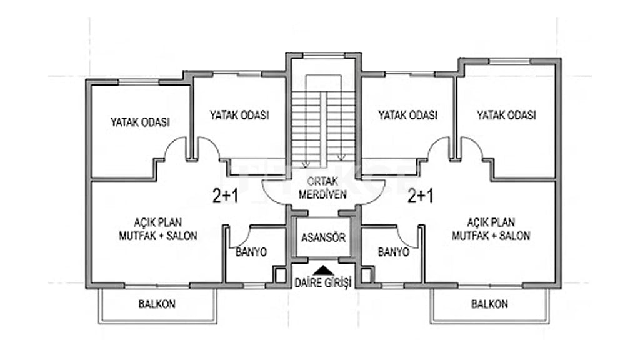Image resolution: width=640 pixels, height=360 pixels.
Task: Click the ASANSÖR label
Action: [x=323, y=237]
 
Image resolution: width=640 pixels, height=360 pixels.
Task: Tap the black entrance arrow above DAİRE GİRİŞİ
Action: [x=324, y=270]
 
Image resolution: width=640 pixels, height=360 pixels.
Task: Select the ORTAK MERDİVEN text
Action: [x=322, y=187]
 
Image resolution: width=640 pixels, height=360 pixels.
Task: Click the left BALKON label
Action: [x=157, y=304]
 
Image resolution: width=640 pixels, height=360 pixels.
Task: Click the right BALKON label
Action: [x=489, y=304]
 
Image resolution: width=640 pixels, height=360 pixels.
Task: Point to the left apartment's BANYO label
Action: [x=251, y=252]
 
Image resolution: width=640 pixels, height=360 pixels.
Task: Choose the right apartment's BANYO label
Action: [x=394, y=252]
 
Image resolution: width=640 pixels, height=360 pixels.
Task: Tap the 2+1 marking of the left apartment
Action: [x=225, y=196]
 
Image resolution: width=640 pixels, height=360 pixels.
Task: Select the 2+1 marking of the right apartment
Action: [x=421, y=196]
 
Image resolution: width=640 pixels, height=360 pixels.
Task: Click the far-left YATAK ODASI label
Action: [x=140, y=122]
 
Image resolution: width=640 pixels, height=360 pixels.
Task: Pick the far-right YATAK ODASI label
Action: [x=506, y=115]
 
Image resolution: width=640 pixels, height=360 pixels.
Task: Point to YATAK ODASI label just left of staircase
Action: [x=239, y=115]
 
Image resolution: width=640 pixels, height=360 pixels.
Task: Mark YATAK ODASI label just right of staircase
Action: [x=407, y=115]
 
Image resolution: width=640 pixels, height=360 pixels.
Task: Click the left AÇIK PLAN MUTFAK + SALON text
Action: [x=158, y=229]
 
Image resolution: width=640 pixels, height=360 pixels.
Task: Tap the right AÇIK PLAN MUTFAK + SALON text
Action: [x=491, y=229]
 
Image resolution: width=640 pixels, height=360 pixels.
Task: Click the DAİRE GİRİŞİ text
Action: [x=323, y=282]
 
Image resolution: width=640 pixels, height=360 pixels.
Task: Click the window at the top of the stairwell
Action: [x=324, y=55]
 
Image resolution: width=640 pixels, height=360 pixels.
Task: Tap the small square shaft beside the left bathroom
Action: [x=280, y=275]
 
